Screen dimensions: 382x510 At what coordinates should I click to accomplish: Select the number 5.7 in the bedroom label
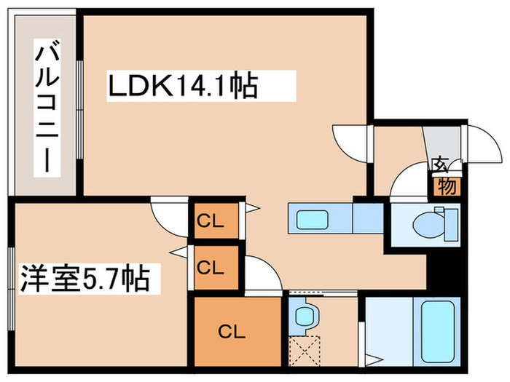(102, 279)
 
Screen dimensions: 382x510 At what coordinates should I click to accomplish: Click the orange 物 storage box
(447, 188)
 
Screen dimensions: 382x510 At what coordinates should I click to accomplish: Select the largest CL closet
(236, 333)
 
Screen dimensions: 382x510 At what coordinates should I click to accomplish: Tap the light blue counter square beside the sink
(367, 217)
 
